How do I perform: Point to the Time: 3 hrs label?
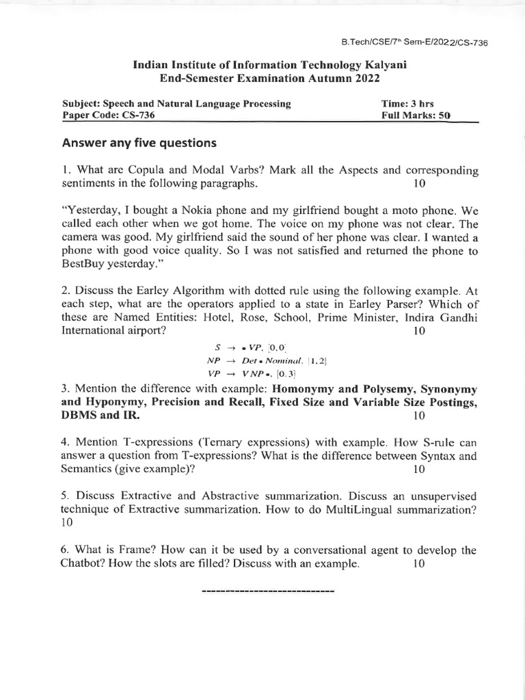tap(407, 104)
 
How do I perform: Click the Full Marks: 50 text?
tap(416, 116)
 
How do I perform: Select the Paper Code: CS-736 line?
tap(108, 116)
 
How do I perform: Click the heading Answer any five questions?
tap(139, 143)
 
